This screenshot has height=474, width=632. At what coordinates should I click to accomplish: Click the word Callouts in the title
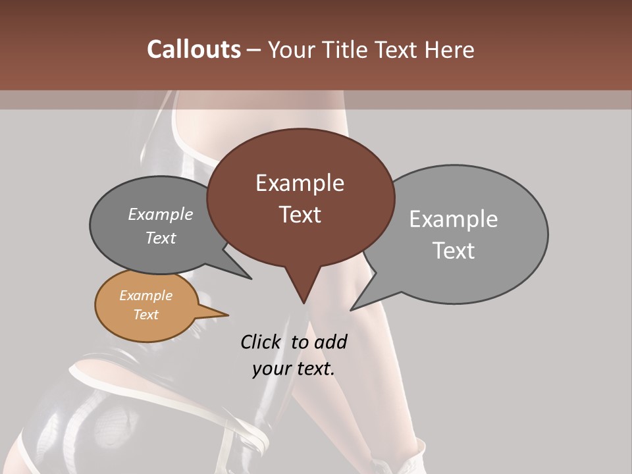point(194,50)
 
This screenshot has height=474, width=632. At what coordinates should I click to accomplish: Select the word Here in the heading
point(449,50)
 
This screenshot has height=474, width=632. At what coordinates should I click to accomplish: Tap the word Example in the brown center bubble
point(300,183)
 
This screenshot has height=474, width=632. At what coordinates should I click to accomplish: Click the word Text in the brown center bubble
point(300,215)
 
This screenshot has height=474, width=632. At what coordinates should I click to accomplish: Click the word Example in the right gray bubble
point(453,219)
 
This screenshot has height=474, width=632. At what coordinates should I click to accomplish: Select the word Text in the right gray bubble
point(453,251)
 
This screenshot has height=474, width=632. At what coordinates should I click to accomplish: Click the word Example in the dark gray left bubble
point(160,215)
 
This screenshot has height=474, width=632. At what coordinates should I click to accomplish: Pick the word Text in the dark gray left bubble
point(160,238)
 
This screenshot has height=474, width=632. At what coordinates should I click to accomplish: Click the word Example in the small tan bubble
point(145,296)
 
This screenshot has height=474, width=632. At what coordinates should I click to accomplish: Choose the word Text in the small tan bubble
point(145,315)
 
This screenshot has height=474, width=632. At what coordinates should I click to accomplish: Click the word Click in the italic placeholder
point(261,342)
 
